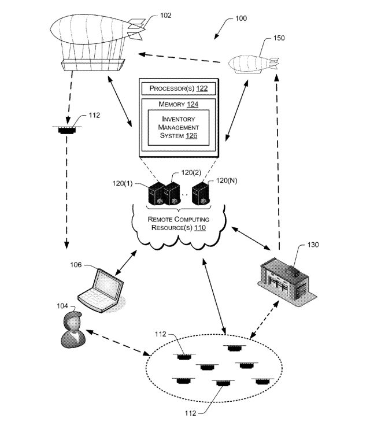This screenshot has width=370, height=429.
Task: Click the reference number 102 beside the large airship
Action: point(166,16)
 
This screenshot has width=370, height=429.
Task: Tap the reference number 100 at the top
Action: point(240,19)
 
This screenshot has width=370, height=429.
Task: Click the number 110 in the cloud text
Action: point(199,228)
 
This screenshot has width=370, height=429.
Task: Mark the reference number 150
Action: point(279,39)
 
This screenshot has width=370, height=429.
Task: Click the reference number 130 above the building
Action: point(313,244)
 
